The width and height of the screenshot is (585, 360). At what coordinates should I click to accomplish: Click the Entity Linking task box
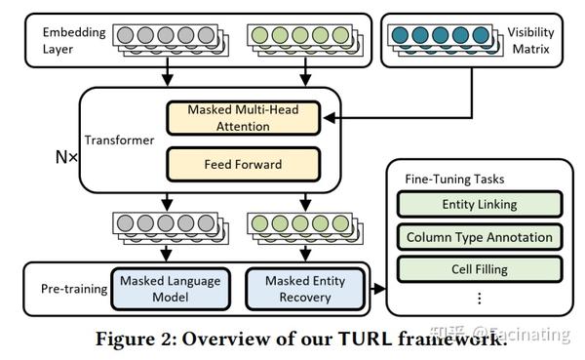[479, 204]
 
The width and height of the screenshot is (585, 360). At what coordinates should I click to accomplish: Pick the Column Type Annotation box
[479, 236]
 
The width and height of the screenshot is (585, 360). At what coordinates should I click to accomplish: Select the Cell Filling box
[479, 268]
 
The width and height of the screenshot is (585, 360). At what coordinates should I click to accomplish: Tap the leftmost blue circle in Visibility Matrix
[401, 35]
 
